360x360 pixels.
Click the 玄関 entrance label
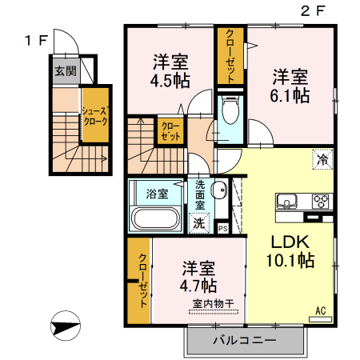(x=66, y=71)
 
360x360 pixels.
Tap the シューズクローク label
(x=95, y=116)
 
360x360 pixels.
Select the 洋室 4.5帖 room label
(x=170, y=71)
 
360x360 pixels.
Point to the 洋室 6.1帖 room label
(x=290, y=86)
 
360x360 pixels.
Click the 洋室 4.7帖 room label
(x=198, y=277)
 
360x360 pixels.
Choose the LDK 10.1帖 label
(x=290, y=251)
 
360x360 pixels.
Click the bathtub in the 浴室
(x=156, y=218)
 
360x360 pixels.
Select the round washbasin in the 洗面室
(x=219, y=190)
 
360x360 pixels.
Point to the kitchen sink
(x=286, y=202)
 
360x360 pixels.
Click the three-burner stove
(x=321, y=202)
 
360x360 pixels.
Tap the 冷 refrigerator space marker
(x=323, y=159)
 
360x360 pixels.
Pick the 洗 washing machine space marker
(x=198, y=223)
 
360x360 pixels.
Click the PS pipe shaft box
(x=223, y=229)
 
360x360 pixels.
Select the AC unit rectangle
(x=320, y=319)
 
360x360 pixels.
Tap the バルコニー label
(x=244, y=340)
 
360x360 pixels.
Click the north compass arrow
(x=66, y=326)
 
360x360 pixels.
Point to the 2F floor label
(x=313, y=11)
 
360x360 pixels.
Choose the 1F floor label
(x=36, y=41)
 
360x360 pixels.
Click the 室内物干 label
(x=214, y=303)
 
